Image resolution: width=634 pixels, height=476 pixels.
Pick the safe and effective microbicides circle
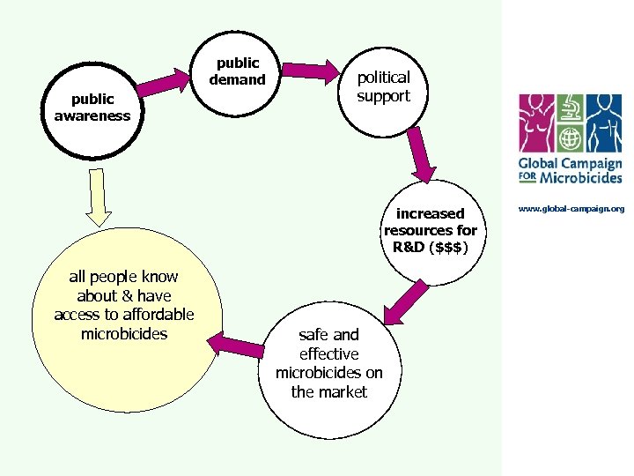(329, 369)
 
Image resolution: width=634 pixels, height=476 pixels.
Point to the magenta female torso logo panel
(536, 123)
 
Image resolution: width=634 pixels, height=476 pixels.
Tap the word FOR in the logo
(527, 177)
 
